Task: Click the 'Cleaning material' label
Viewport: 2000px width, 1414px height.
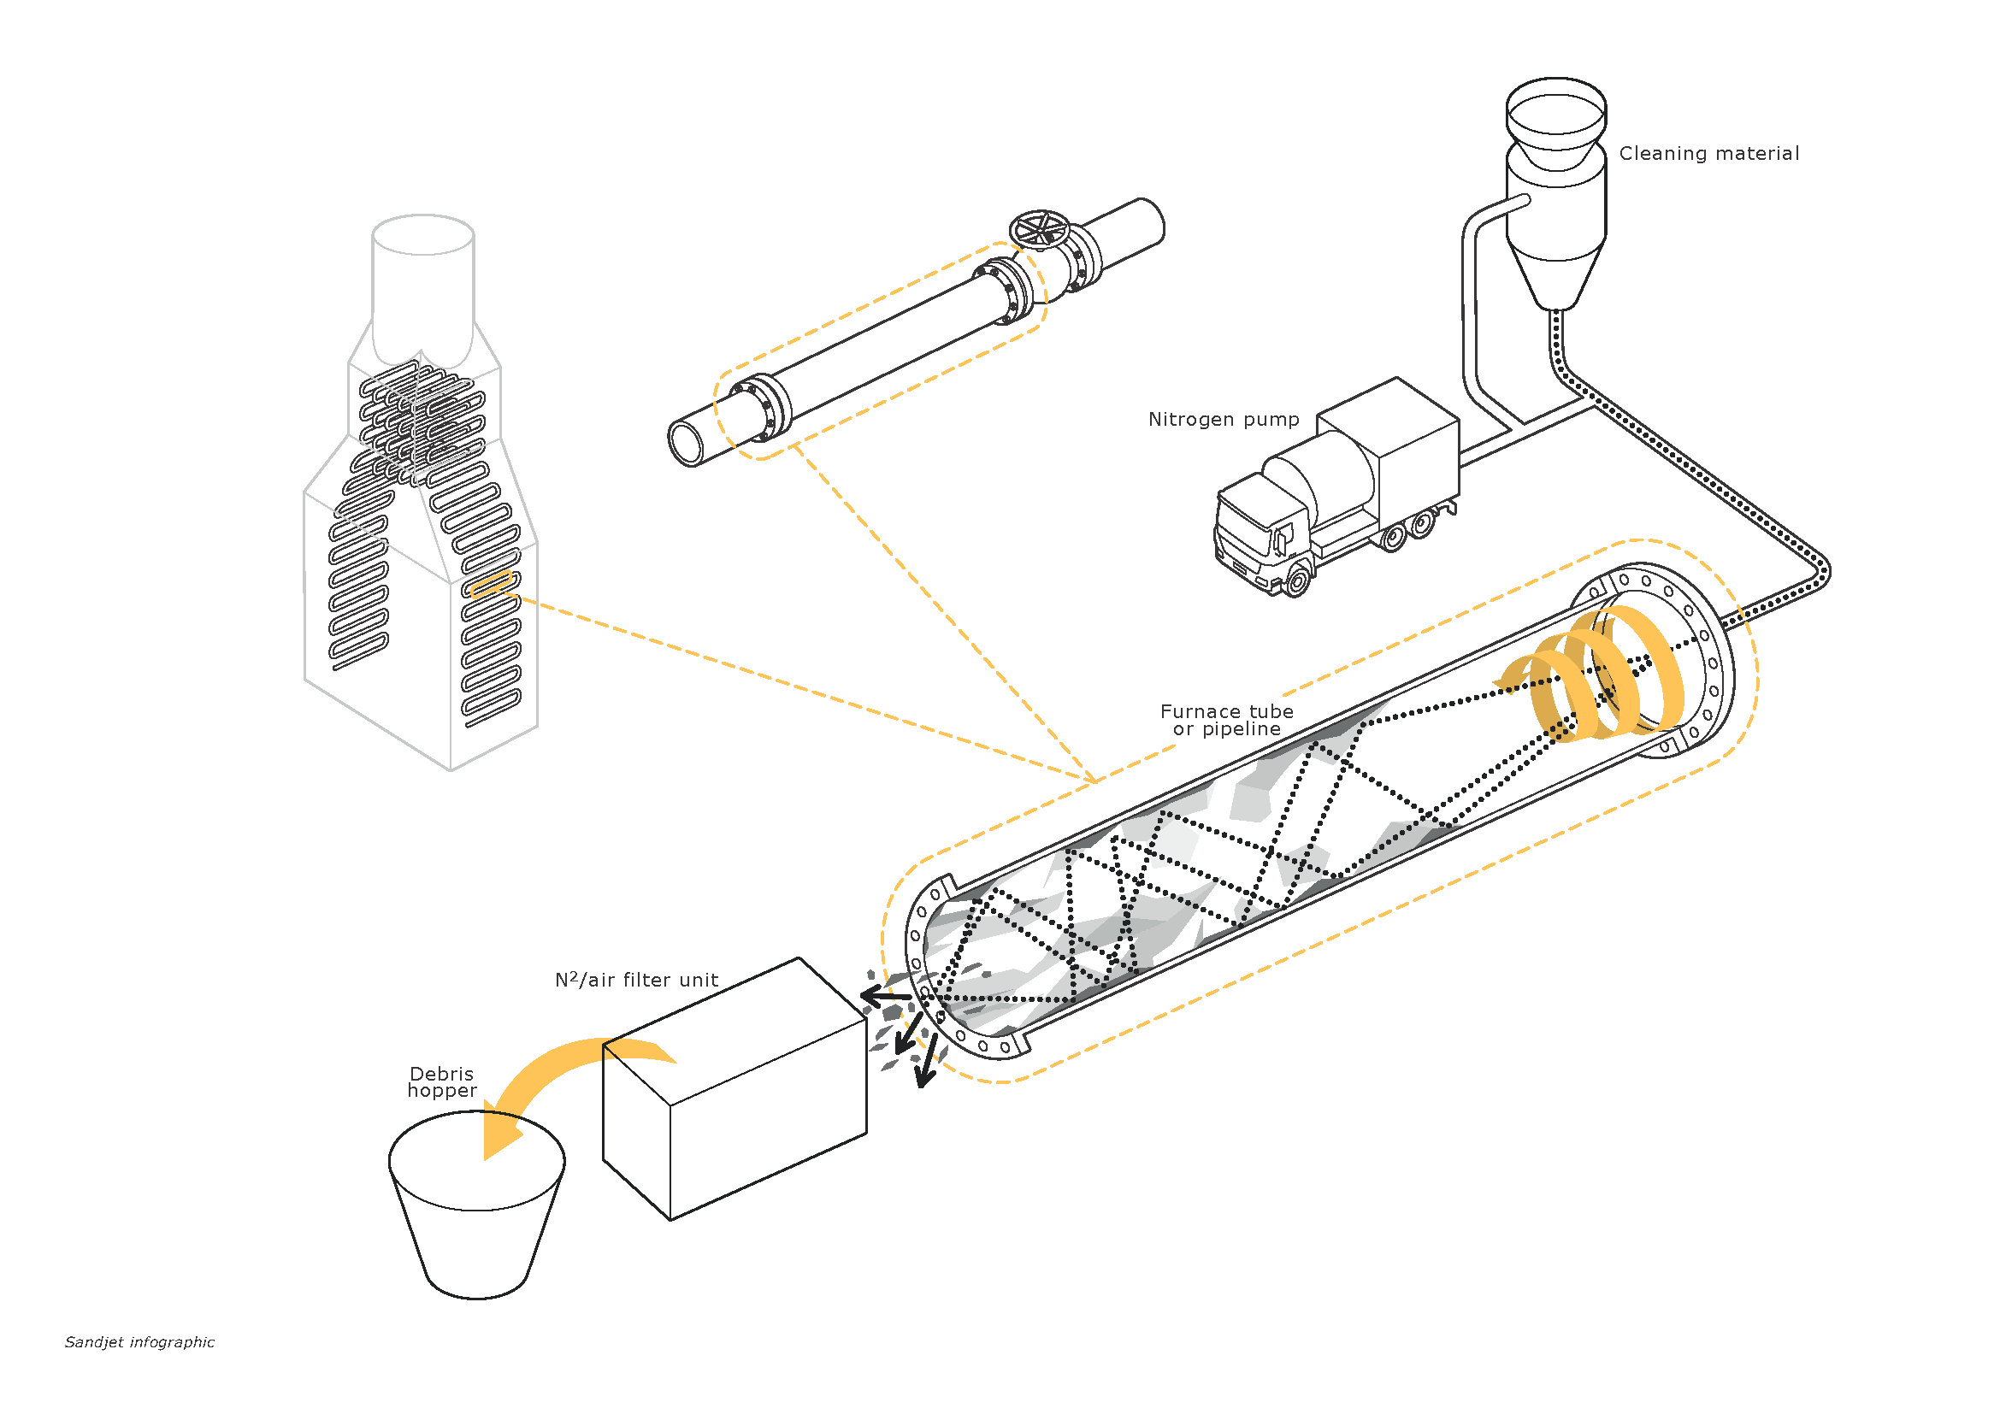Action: (x=1708, y=154)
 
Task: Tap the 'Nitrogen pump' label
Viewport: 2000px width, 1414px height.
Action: (x=1223, y=420)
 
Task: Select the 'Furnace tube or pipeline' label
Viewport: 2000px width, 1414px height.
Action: (x=1226, y=720)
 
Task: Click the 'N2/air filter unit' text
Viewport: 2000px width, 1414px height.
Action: (x=637, y=981)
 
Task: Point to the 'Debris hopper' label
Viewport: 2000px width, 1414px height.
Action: (x=441, y=1082)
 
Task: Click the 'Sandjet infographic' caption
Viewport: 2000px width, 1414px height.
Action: (x=139, y=1341)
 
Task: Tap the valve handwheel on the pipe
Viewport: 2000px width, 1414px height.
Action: (x=1039, y=230)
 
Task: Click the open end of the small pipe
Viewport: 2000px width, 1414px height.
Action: (x=687, y=443)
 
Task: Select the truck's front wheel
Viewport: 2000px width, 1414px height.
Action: (x=1297, y=580)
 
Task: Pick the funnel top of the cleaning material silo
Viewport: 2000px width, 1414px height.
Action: (x=1555, y=113)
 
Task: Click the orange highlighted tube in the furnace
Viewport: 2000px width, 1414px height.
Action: (x=491, y=584)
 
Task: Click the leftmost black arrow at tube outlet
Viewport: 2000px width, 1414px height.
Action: (x=884, y=996)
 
